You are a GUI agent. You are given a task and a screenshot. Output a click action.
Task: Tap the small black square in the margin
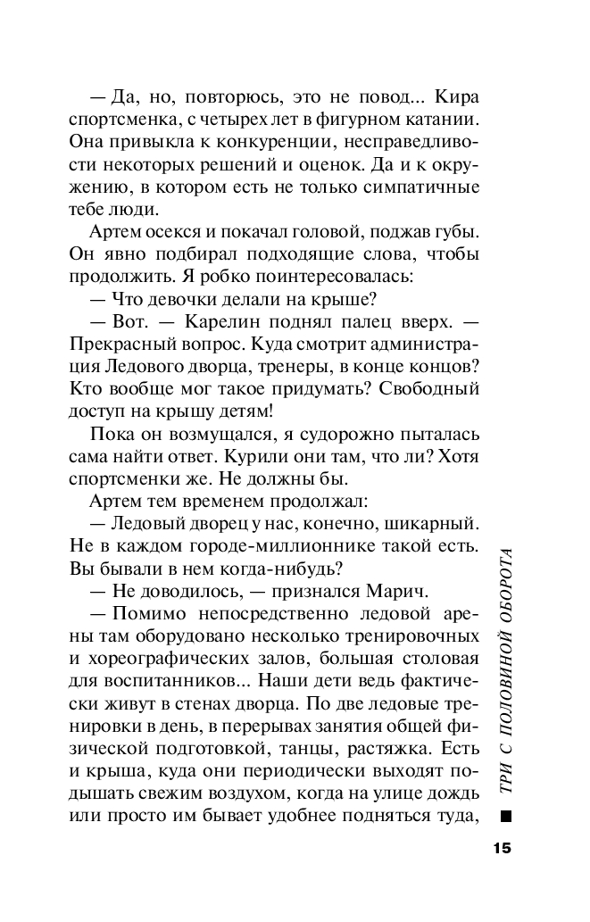click(x=506, y=814)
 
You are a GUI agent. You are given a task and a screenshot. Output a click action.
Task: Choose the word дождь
click(x=454, y=799)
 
